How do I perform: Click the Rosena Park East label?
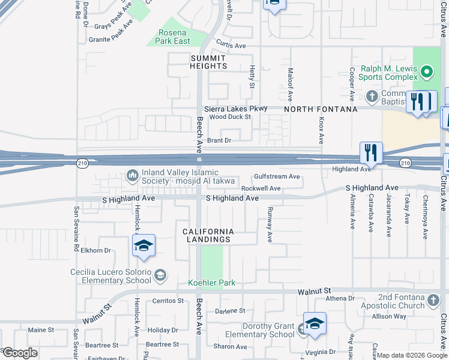tap(174, 37)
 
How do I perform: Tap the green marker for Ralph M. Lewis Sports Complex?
tap(426, 73)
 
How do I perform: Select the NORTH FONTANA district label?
tap(321, 109)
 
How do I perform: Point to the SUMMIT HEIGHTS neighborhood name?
tap(208, 62)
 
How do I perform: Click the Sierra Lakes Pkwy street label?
tap(227, 109)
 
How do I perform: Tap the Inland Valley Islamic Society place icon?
tap(132, 175)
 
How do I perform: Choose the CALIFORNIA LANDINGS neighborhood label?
tap(207, 235)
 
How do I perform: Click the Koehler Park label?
tap(212, 283)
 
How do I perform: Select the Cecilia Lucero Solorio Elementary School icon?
tap(160, 275)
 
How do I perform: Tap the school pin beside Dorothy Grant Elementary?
tap(315, 324)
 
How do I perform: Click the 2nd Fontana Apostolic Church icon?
tap(434, 299)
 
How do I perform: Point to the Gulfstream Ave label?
tap(277, 176)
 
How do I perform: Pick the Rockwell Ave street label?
tap(261, 188)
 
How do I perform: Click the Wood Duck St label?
tap(230, 117)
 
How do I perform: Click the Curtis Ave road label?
tap(231, 46)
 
